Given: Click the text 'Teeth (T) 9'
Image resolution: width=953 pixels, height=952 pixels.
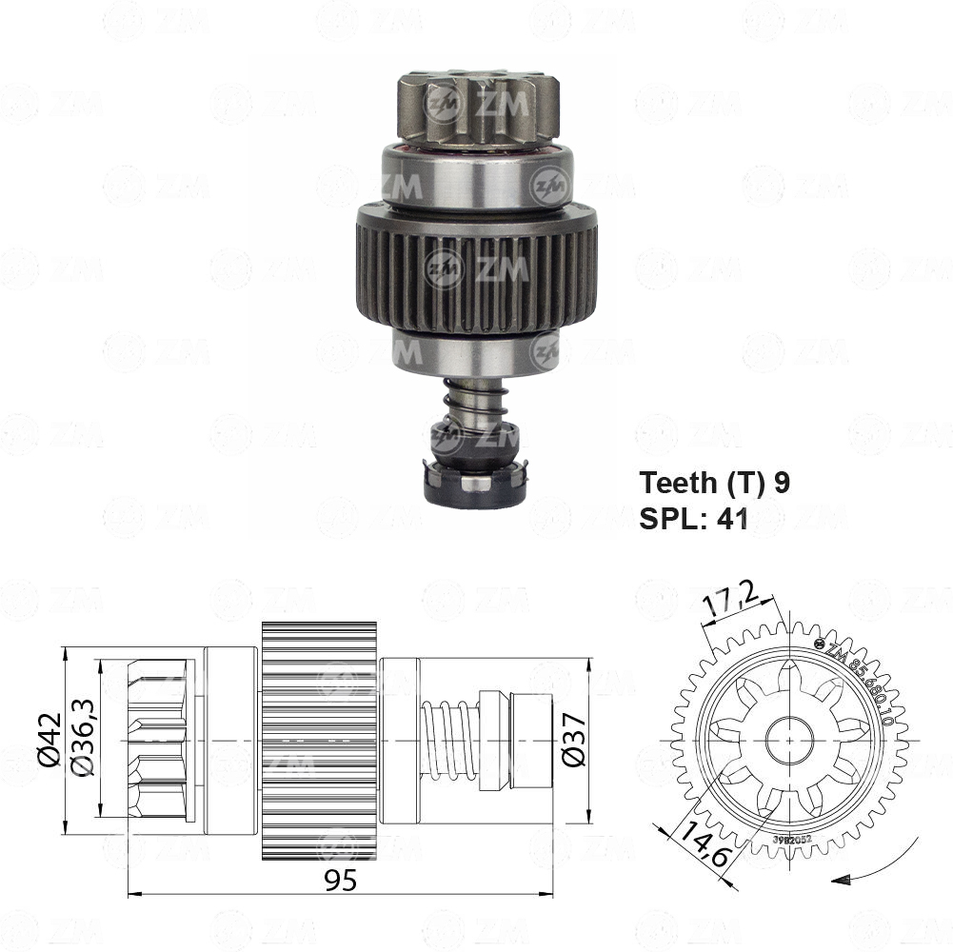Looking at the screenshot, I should (x=714, y=483).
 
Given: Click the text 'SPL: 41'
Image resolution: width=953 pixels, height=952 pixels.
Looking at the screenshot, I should (x=694, y=518).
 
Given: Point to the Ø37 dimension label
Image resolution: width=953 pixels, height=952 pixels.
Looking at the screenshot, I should (x=572, y=740).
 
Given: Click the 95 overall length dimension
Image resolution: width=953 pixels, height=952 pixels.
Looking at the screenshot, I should (x=339, y=881).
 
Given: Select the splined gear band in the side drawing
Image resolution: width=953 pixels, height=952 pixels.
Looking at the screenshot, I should (x=319, y=740).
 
